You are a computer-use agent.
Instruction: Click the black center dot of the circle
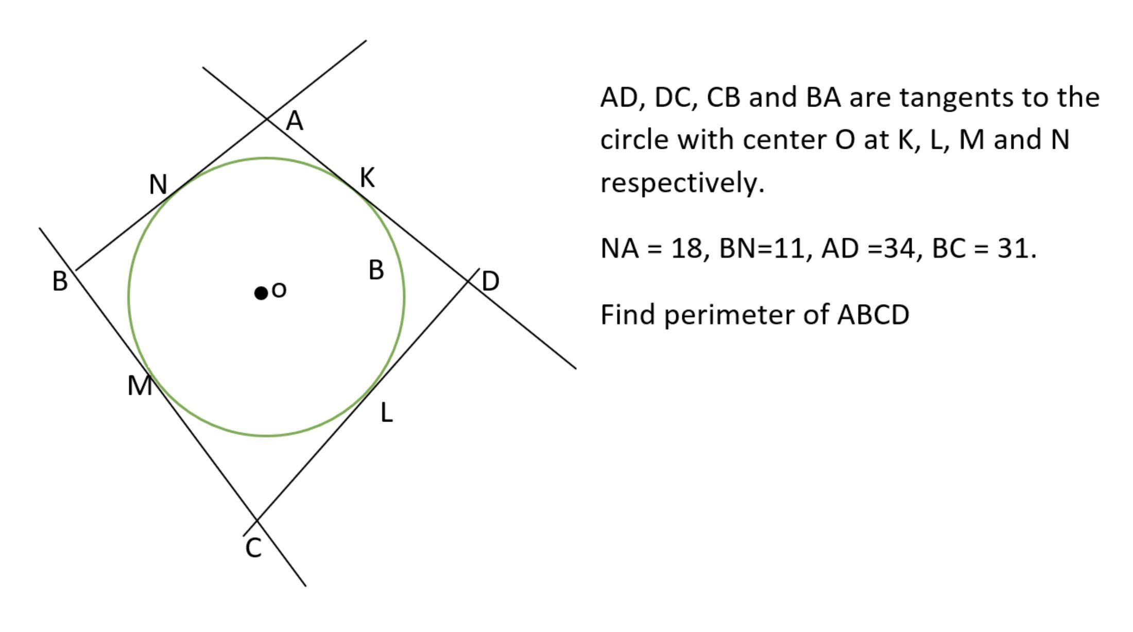click(261, 293)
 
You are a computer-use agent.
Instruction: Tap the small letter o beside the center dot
click(279, 290)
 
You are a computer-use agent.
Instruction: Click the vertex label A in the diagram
click(295, 121)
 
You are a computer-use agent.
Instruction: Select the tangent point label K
click(367, 178)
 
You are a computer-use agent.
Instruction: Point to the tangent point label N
click(158, 184)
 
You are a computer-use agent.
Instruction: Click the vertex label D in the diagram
click(490, 282)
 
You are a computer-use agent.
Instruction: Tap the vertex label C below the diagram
click(253, 549)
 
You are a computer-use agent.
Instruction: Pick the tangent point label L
click(387, 413)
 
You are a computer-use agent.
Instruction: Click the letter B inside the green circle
click(376, 270)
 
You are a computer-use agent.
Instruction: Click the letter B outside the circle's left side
click(60, 282)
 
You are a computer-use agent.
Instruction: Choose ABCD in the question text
click(873, 315)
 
